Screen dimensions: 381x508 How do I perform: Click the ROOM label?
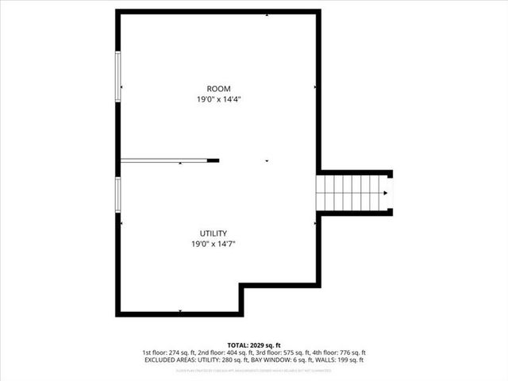point(218,88)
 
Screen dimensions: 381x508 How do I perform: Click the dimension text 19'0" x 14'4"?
point(218,99)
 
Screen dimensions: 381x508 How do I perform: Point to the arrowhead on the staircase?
point(386,193)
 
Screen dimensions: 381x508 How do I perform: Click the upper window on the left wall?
point(118,75)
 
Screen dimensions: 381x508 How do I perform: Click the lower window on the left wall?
point(118,195)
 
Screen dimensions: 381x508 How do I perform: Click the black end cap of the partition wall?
point(214,160)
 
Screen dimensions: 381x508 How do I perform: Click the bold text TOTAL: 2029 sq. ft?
point(253,345)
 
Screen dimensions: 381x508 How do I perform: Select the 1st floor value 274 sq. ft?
point(186,352)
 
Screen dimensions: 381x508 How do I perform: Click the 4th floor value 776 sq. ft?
point(348,352)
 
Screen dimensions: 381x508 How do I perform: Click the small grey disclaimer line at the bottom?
point(253,369)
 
